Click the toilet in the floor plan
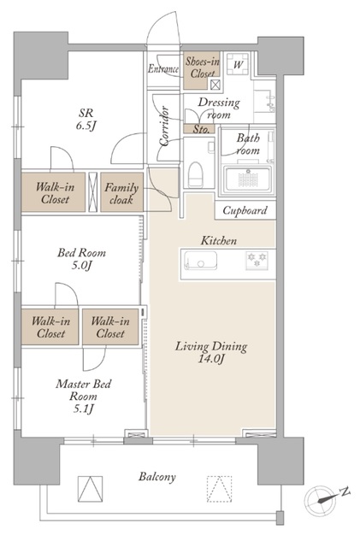tap(195, 174)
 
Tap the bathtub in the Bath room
tap(248, 179)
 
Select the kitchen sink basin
tap(200, 260)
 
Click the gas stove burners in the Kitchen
tap(257, 260)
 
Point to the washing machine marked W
tap(238, 64)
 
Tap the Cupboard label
tap(245, 210)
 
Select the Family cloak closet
tap(122, 192)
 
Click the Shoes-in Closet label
tap(202, 68)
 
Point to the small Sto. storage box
tap(201, 129)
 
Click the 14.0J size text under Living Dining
tap(211, 359)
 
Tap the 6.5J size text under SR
tap(86, 126)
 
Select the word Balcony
tap(156, 477)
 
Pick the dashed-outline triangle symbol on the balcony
tap(219, 489)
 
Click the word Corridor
tap(164, 126)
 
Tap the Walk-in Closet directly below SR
tap(53, 192)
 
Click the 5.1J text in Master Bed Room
tap(83, 409)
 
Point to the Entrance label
tap(163, 68)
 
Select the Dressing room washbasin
tap(264, 102)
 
